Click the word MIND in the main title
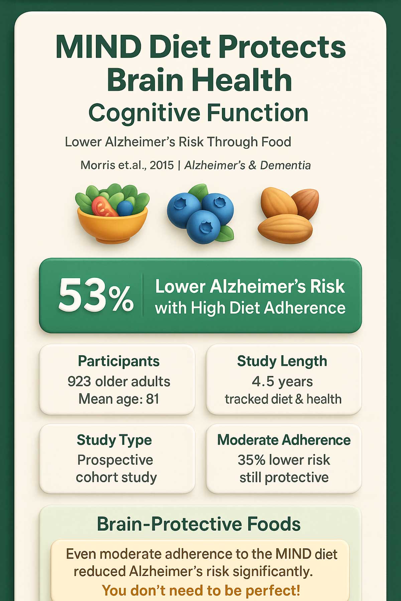click(99, 47)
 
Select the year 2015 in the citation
click(162, 165)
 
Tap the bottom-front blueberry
click(204, 227)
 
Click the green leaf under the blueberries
click(227, 233)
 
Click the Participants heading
click(119, 361)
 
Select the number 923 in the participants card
click(79, 381)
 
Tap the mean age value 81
click(152, 399)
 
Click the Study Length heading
click(282, 361)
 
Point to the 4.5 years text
click(282, 381)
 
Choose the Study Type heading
click(114, 440)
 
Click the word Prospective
click(115, 460)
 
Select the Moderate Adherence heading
click(284, 440)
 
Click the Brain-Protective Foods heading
click(199, 524)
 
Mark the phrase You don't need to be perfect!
click(201, 590)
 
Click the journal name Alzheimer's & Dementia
click(248, 165)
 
